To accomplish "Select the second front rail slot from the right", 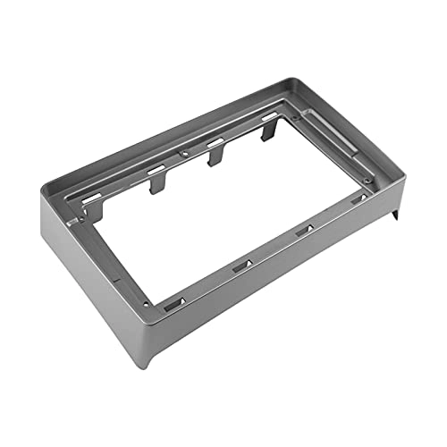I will click(304, 232).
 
